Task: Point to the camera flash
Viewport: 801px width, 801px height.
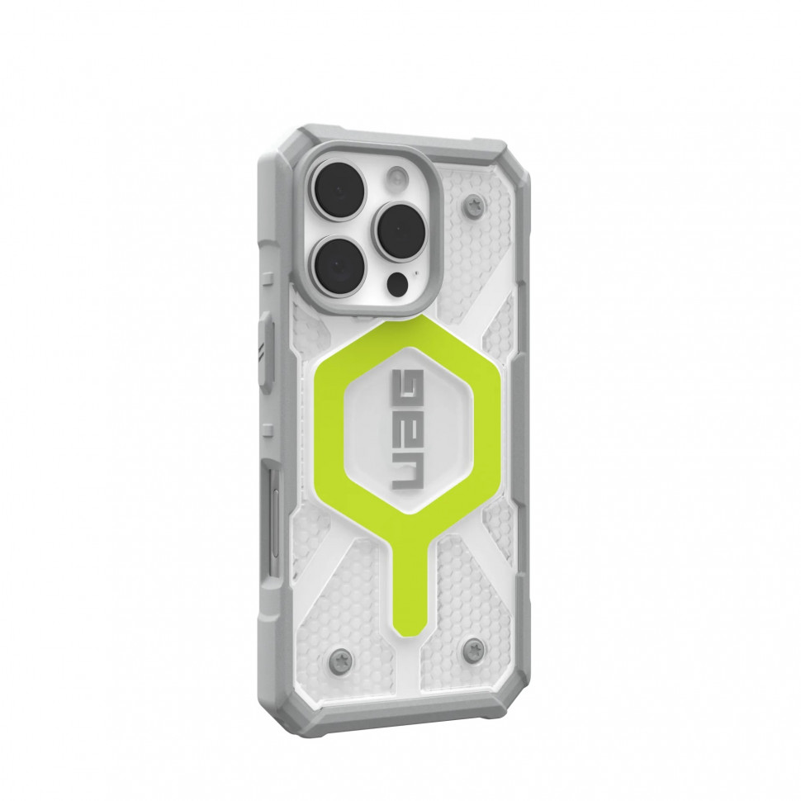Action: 399,178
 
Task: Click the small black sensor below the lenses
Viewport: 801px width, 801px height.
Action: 397,284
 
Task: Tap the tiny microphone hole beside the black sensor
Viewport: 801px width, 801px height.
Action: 416,273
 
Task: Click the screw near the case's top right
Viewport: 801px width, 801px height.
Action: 473,206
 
